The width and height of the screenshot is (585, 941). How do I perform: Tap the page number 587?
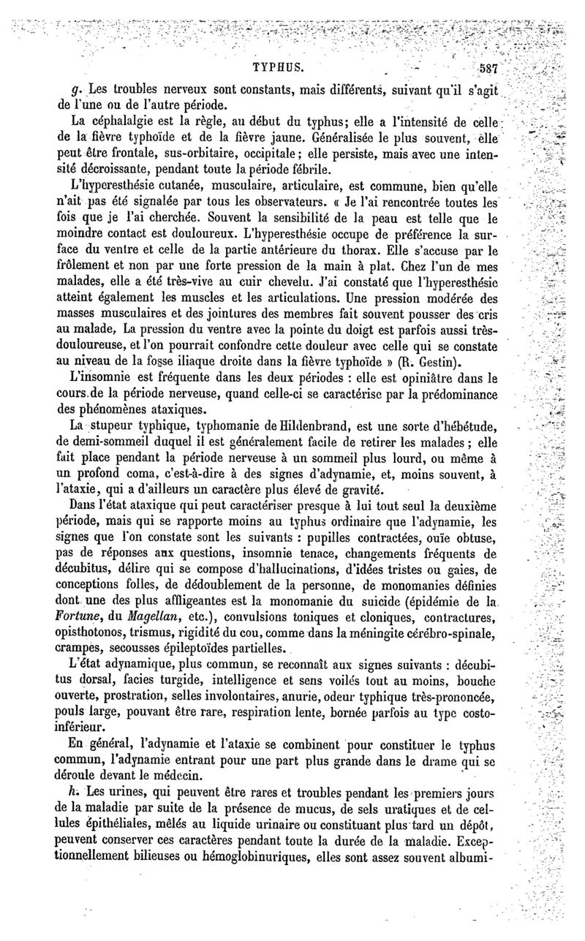coord(485,70)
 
